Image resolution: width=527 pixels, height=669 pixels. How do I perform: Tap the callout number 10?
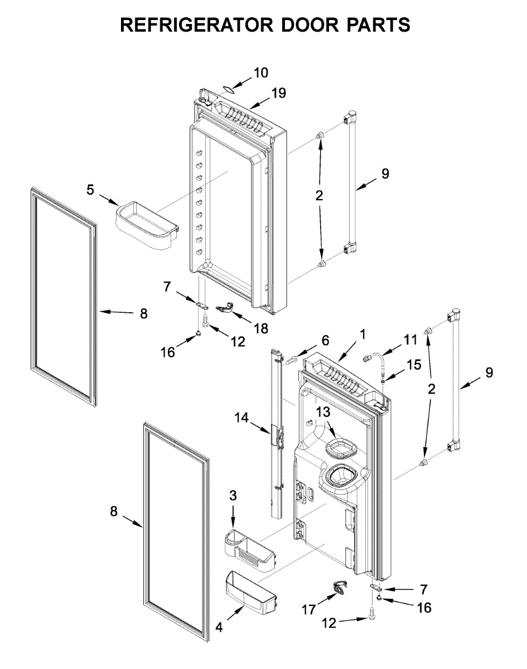click(260, 72)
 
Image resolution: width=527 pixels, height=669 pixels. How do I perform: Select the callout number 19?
click(279, 93)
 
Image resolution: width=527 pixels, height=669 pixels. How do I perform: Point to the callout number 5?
click(90, 190)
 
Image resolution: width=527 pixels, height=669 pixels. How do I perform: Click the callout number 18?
click(260, 328)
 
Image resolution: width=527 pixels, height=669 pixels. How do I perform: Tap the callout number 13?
click(324, 413)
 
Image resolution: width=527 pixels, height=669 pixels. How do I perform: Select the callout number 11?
click(410, 339)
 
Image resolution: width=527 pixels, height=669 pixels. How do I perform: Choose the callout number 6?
click(325, 340)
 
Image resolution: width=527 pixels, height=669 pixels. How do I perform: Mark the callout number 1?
click(362, 334)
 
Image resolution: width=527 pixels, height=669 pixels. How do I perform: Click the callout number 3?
click(233, 495)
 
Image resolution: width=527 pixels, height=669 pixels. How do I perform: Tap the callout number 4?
click(219, 627)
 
